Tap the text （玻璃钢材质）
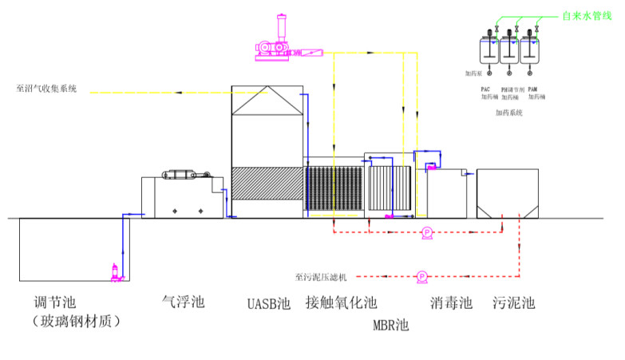tap(75, 321)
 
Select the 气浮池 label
tap(184, 303)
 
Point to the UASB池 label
tap(268, 303)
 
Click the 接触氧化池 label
tap(341, 303)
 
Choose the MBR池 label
tap(390, 325)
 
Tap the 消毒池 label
tap(451, 303)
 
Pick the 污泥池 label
tap(514, 303)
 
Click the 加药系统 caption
tap(508, 113)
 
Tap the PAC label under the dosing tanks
tap(485, 89)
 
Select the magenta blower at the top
tap(275, 43)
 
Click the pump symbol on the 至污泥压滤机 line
tap(421, 277)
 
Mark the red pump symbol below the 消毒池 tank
tap(427, 232)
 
